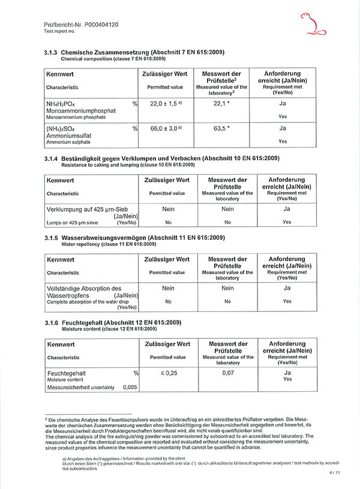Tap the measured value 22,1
coord(221,104)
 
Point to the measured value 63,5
coord(221,128)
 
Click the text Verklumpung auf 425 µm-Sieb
coord(88,209)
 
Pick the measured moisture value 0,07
coord(227,373)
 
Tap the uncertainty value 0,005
coord(130,388)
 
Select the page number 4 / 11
coord(334,473)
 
